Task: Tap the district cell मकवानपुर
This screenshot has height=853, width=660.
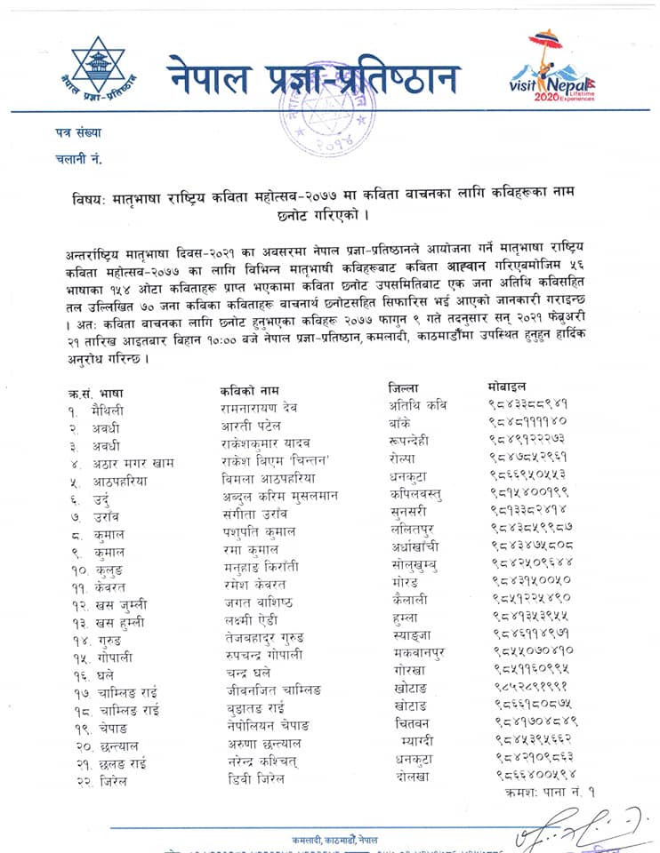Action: click(x=419, y=653)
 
